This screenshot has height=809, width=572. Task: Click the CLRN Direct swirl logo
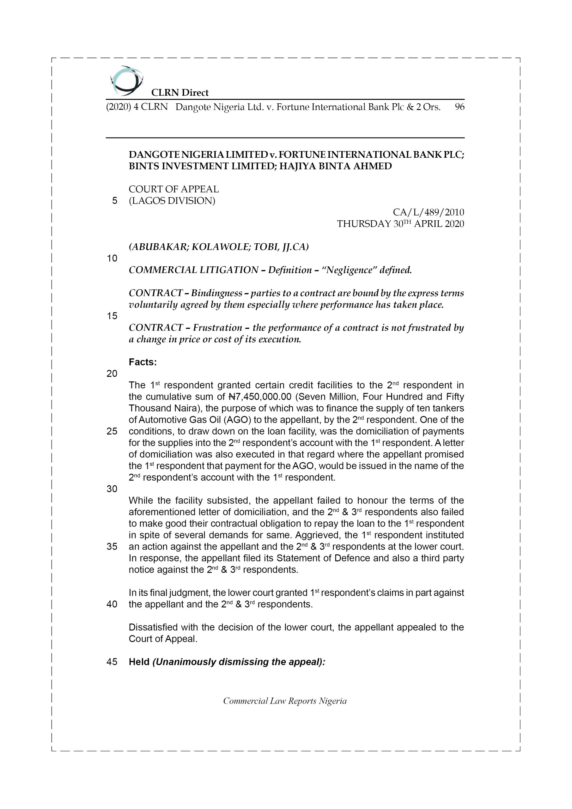tap(126, 81)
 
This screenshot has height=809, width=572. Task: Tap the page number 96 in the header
tap(459, 107)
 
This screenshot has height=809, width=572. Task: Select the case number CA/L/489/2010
tap(428, 212)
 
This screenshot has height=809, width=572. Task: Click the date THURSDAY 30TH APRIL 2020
tap(400, 224)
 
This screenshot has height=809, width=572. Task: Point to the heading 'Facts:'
tap(143, 362)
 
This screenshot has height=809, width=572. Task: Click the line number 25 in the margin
tap(112, 432)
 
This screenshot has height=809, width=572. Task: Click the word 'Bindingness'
tap(216, 294)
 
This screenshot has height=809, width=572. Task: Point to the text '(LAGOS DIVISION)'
tap(172, 201)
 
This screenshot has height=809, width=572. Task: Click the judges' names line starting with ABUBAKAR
tap(218, 247)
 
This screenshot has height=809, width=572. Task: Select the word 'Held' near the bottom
tap(139, 662)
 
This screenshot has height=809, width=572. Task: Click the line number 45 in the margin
tap(112, 662)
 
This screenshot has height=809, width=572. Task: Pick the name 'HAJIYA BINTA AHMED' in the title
tap(335, 166)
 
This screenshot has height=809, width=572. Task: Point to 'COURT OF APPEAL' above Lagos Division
tap(174, 190)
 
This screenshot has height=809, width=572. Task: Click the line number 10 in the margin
tap(112, 259)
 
